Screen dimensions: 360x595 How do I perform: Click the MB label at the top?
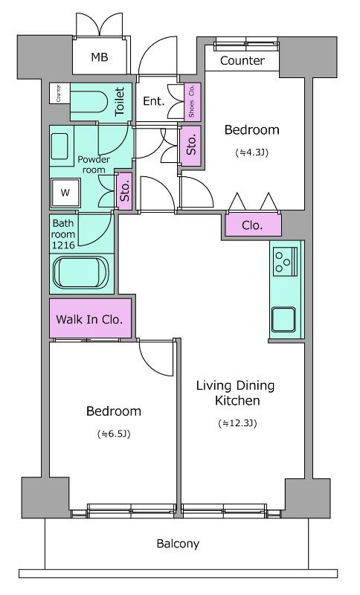coord(100,57)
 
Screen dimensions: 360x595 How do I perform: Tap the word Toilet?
coord(120,102)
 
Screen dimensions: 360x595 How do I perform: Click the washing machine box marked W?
coord(65,193)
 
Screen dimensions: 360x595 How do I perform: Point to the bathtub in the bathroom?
coord(81,273)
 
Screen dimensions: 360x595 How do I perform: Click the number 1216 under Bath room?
coord(63,245)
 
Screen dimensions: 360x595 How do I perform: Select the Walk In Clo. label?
coord(89,319)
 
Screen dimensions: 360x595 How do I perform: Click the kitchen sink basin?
coord(283,319)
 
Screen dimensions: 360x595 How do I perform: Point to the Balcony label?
coord(178,544)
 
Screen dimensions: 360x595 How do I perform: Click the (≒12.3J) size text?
coord(237,423)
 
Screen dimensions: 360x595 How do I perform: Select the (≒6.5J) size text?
coord(114,434)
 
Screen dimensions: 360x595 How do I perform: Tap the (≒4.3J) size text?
coord(252,152)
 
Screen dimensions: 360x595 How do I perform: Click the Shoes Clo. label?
coord(192,101)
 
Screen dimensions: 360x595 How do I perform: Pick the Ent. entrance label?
coord(154,101)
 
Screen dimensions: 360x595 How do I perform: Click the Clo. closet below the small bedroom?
coord(252,226)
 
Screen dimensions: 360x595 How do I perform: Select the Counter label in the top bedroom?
coord(242,61)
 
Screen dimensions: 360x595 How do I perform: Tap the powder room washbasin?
coord(60,147)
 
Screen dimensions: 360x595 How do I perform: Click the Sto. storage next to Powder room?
coord(125,191)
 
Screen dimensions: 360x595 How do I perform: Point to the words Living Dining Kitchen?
coord(236,393)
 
